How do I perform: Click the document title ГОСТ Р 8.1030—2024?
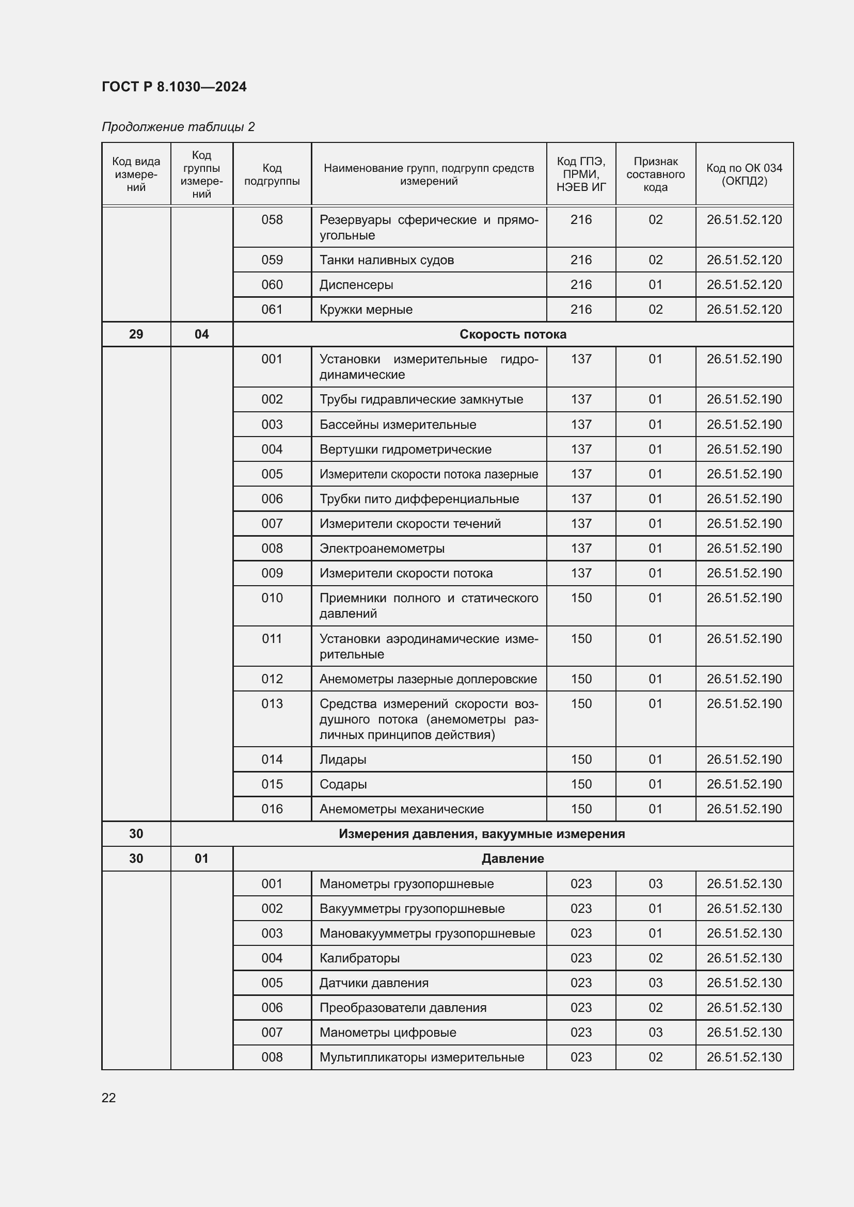pyautogui.click(x=174, y=87)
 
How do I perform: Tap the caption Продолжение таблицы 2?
pyautogui.click(x=178, y=127)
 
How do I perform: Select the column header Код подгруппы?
pyautogui.click(x=272, y=174)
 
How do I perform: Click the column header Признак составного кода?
pyautogui.click(x=655, y=174)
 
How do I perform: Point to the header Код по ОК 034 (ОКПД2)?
pyautogui.click(x=744, y=174)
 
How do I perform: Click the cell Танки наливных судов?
pyautogui.click(x=387, y=260)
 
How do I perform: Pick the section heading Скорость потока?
pyautogui.click(x=513, y=334)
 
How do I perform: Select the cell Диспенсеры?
pyautogui.click(x=356, y=284)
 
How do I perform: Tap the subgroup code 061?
pyautogui.click(x=272, y=309)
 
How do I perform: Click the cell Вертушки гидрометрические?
pyautogui.click(x=405, y=449)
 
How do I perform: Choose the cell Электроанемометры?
pyautogui.click(x=382, y=549)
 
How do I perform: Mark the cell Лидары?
pyautogui.click(x=343, y=759)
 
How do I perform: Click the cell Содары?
pyautogui.click(x=343, y=784)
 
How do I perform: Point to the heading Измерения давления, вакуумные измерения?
pyautogui.click(x=482, y=834)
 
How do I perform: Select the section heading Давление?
pyautogui.click(x=513, y=859)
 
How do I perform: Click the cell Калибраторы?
pyautogui.click(x=359, y=958)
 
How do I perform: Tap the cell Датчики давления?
pyautogui.click(x=374, y=983)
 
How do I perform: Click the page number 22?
pyautogui.click(x=109, y=1098)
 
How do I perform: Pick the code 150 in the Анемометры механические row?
pyautogui.click(x=581, y=809)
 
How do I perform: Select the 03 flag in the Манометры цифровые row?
pyautogui.click(x=655, y=1032)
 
